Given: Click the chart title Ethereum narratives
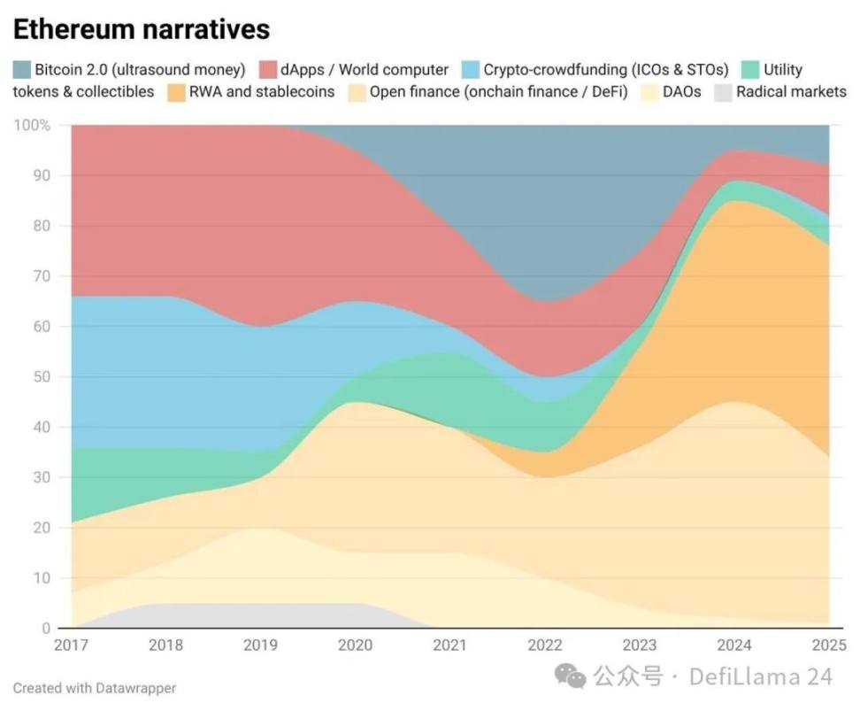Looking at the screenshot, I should click(141, 28).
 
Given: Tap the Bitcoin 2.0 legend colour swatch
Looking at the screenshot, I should click(21, 69).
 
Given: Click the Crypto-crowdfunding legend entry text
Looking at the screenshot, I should click(605, 69).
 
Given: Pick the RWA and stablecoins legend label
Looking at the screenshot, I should click(262, 91).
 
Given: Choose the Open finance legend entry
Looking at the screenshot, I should click(498, 91).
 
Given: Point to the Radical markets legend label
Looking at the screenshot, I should click(791, 91).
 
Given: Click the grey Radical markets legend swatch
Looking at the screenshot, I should click(723, 91).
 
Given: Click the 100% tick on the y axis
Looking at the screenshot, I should click(31, 126).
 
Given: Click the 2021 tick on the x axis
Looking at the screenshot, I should click(450, 645).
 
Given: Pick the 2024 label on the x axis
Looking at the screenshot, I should click(734, 645).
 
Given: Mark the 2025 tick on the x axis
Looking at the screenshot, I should click(828, 645).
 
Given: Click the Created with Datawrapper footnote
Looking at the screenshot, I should click(95, 688).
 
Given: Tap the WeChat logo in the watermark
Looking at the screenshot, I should click(570, 677).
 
